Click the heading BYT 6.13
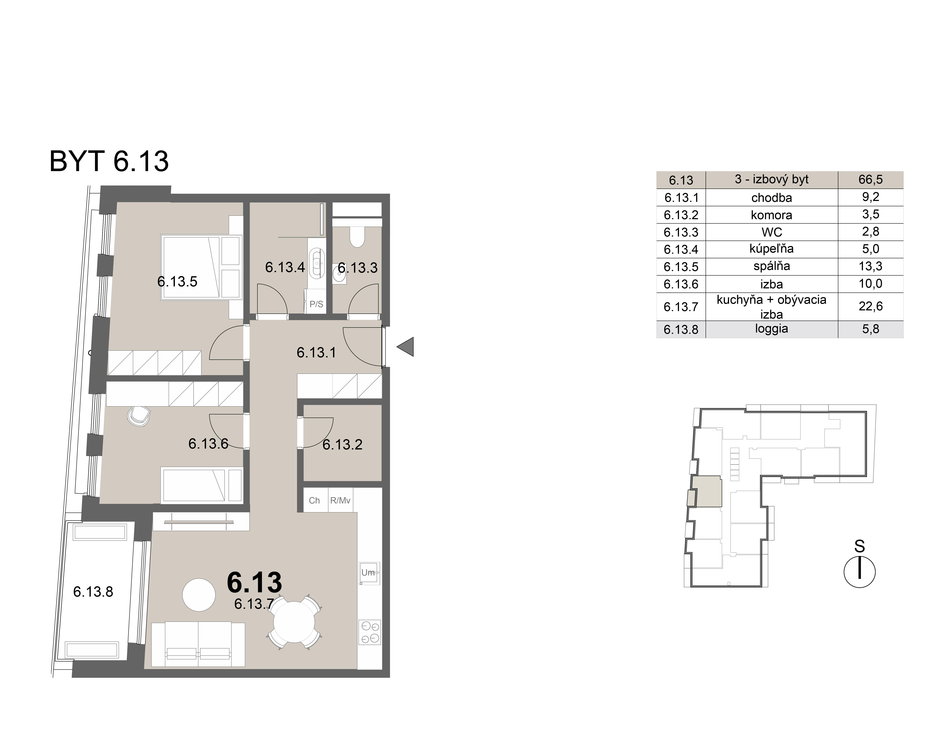click(x=109, y=161)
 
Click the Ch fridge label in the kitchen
click(x=314, y=501)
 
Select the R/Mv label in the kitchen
click(x=340, y=501)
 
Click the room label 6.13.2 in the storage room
click(x=342, y=444)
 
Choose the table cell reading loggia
click(x=772, y=329)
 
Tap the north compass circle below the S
click(x=859, y=572)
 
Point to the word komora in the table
click(x=772, y=215)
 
